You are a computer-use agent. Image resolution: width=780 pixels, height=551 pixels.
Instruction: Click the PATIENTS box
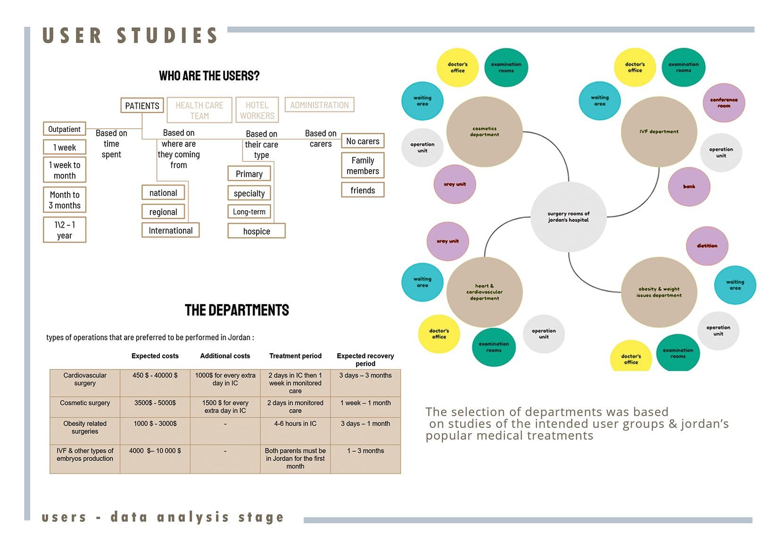coord(142,106)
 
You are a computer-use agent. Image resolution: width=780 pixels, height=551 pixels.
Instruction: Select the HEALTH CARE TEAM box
coord(199,110)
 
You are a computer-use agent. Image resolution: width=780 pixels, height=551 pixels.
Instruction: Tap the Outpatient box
coord(64,129)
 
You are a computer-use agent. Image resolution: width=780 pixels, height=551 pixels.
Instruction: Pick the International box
coord(170,230)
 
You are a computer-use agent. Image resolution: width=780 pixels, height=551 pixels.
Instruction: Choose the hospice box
coord(257,231)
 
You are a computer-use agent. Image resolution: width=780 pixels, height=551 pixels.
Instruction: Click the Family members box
coord(363,165)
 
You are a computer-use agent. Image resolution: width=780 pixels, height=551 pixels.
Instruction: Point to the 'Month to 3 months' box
coord(65,200)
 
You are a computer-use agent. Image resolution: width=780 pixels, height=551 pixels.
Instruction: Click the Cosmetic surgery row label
coord(85,403)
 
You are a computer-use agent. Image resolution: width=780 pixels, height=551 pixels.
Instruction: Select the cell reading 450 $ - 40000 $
coord(155,375)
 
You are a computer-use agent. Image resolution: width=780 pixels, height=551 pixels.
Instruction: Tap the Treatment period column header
coord(295,356)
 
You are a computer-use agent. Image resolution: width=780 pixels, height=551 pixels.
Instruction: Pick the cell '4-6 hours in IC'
coord(295,424)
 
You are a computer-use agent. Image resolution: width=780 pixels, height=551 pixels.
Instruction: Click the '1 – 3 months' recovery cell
coord(365,451)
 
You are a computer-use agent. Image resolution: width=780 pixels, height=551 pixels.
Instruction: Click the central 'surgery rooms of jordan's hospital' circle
coord(568,217)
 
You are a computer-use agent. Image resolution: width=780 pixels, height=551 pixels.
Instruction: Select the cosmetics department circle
coord(484,132)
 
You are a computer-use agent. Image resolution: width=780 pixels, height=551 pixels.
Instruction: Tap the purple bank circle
coord(689,187)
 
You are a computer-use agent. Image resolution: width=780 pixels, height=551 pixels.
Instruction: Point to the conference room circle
coord(723,103)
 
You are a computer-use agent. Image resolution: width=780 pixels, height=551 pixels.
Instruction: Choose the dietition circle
coord(707,246)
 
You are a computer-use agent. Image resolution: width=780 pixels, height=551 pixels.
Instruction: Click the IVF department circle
coord(659,132)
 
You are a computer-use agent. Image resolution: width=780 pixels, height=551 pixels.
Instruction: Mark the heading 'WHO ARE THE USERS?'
coord(209,76)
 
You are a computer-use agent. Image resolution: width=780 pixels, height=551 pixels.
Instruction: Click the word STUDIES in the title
coord(167,36)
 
